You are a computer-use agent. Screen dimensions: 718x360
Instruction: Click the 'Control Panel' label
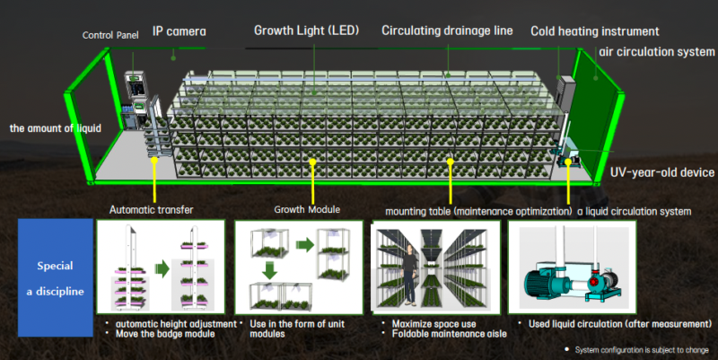(x=110, y=35)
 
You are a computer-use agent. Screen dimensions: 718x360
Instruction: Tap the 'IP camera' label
(x=179, y=31)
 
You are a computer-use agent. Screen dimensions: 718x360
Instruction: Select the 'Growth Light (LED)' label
(x=306, y=31)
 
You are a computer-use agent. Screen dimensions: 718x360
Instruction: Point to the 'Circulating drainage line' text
(x=447, y=31)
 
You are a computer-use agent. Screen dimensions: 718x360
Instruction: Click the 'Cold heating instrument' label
(x=595, y=31)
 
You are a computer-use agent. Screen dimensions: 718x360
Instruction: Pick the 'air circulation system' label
(x=657, y=52)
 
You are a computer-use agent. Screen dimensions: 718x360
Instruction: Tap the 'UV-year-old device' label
(x=662, y=172)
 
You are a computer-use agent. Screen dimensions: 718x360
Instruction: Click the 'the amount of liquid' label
(x=56, y=128)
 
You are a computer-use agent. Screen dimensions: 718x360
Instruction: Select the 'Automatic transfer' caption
(x=151, y=210)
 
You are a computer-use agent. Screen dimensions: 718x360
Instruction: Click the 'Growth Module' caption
(x=307, y=209)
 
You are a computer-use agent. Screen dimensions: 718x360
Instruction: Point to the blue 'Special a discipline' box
(x=56, y=277)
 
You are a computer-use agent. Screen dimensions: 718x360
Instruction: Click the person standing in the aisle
(x=409, y=275)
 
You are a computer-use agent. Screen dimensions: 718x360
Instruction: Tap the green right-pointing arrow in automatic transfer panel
(x=162, y=268)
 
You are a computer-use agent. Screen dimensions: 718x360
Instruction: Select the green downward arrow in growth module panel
(x=269, y=269)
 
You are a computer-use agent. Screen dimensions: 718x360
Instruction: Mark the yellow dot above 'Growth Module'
(x=312, y=162)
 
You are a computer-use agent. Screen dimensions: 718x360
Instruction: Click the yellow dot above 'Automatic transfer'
(x=154, y=161)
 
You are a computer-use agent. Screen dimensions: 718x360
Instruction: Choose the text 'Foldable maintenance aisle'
(x=450, y=334)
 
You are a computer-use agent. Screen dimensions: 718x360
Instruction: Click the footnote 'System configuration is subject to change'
(x=642, y=350)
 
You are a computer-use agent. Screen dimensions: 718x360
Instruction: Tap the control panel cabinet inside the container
(x=136, y=100)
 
